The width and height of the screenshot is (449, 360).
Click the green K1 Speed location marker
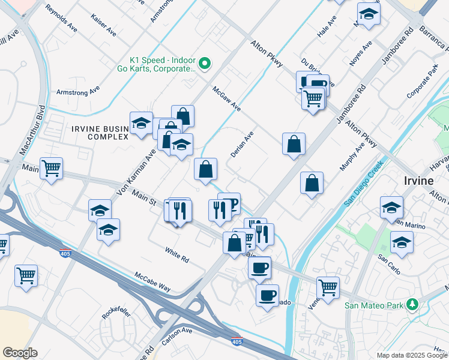tap(205, 63)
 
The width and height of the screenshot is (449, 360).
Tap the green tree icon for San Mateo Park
tap(412, 305)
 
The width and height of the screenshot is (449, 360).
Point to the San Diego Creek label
tap(364, 184)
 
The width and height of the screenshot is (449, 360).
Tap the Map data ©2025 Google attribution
tap(412, 355)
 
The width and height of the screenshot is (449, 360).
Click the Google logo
tap(20, 353)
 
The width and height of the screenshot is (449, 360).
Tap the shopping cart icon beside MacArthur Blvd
tap(51, 169)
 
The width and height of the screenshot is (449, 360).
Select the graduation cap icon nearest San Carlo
tap(402, 242)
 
